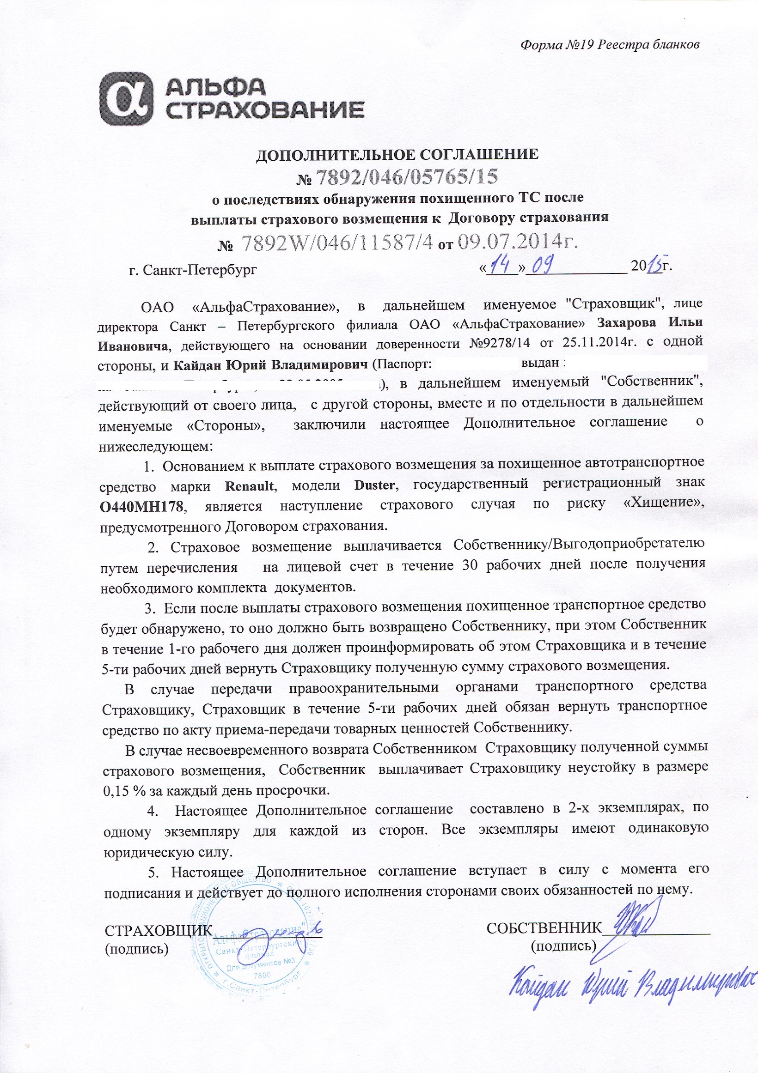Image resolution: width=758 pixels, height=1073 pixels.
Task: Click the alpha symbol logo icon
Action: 126,98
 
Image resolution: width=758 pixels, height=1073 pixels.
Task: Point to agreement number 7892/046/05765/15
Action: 407,176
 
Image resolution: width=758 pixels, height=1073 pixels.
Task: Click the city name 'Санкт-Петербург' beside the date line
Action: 200,270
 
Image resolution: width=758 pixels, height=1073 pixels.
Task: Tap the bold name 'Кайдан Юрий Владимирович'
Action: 271,364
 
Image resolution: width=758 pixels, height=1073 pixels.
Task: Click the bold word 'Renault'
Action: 249,485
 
